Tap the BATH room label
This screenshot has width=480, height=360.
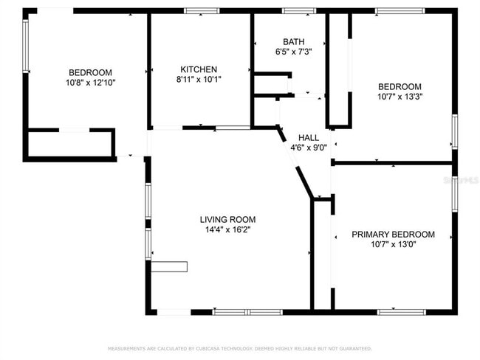click(x=293, y=42)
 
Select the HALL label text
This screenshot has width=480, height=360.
click(x=309, y=137)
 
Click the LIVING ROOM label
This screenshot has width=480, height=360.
click(x=227, y=219)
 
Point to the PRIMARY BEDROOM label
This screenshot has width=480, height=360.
click(x=393, y=235)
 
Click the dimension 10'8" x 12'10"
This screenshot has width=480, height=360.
click(x=90, y=82)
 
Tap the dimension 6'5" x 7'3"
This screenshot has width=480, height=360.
click(x=293, y=52)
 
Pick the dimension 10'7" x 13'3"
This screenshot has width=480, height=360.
click(x=400, y=96)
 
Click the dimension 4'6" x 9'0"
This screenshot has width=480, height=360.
click(x=309, y=148)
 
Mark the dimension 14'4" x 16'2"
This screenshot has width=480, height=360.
click(x=227, y=229)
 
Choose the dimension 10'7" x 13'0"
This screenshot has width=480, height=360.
click(x=393, y=244)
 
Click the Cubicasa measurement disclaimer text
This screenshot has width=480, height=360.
click(x=240, y=347)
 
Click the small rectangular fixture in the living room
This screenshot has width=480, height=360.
click(x=170, y=266)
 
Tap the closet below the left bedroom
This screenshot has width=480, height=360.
click(x=70, y=143)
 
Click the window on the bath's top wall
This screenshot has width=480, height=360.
click(x=299, y=11)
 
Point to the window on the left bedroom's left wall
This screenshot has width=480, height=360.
click(x=25, y=46)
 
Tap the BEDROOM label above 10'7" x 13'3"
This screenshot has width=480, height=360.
click(x=400, y=86)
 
